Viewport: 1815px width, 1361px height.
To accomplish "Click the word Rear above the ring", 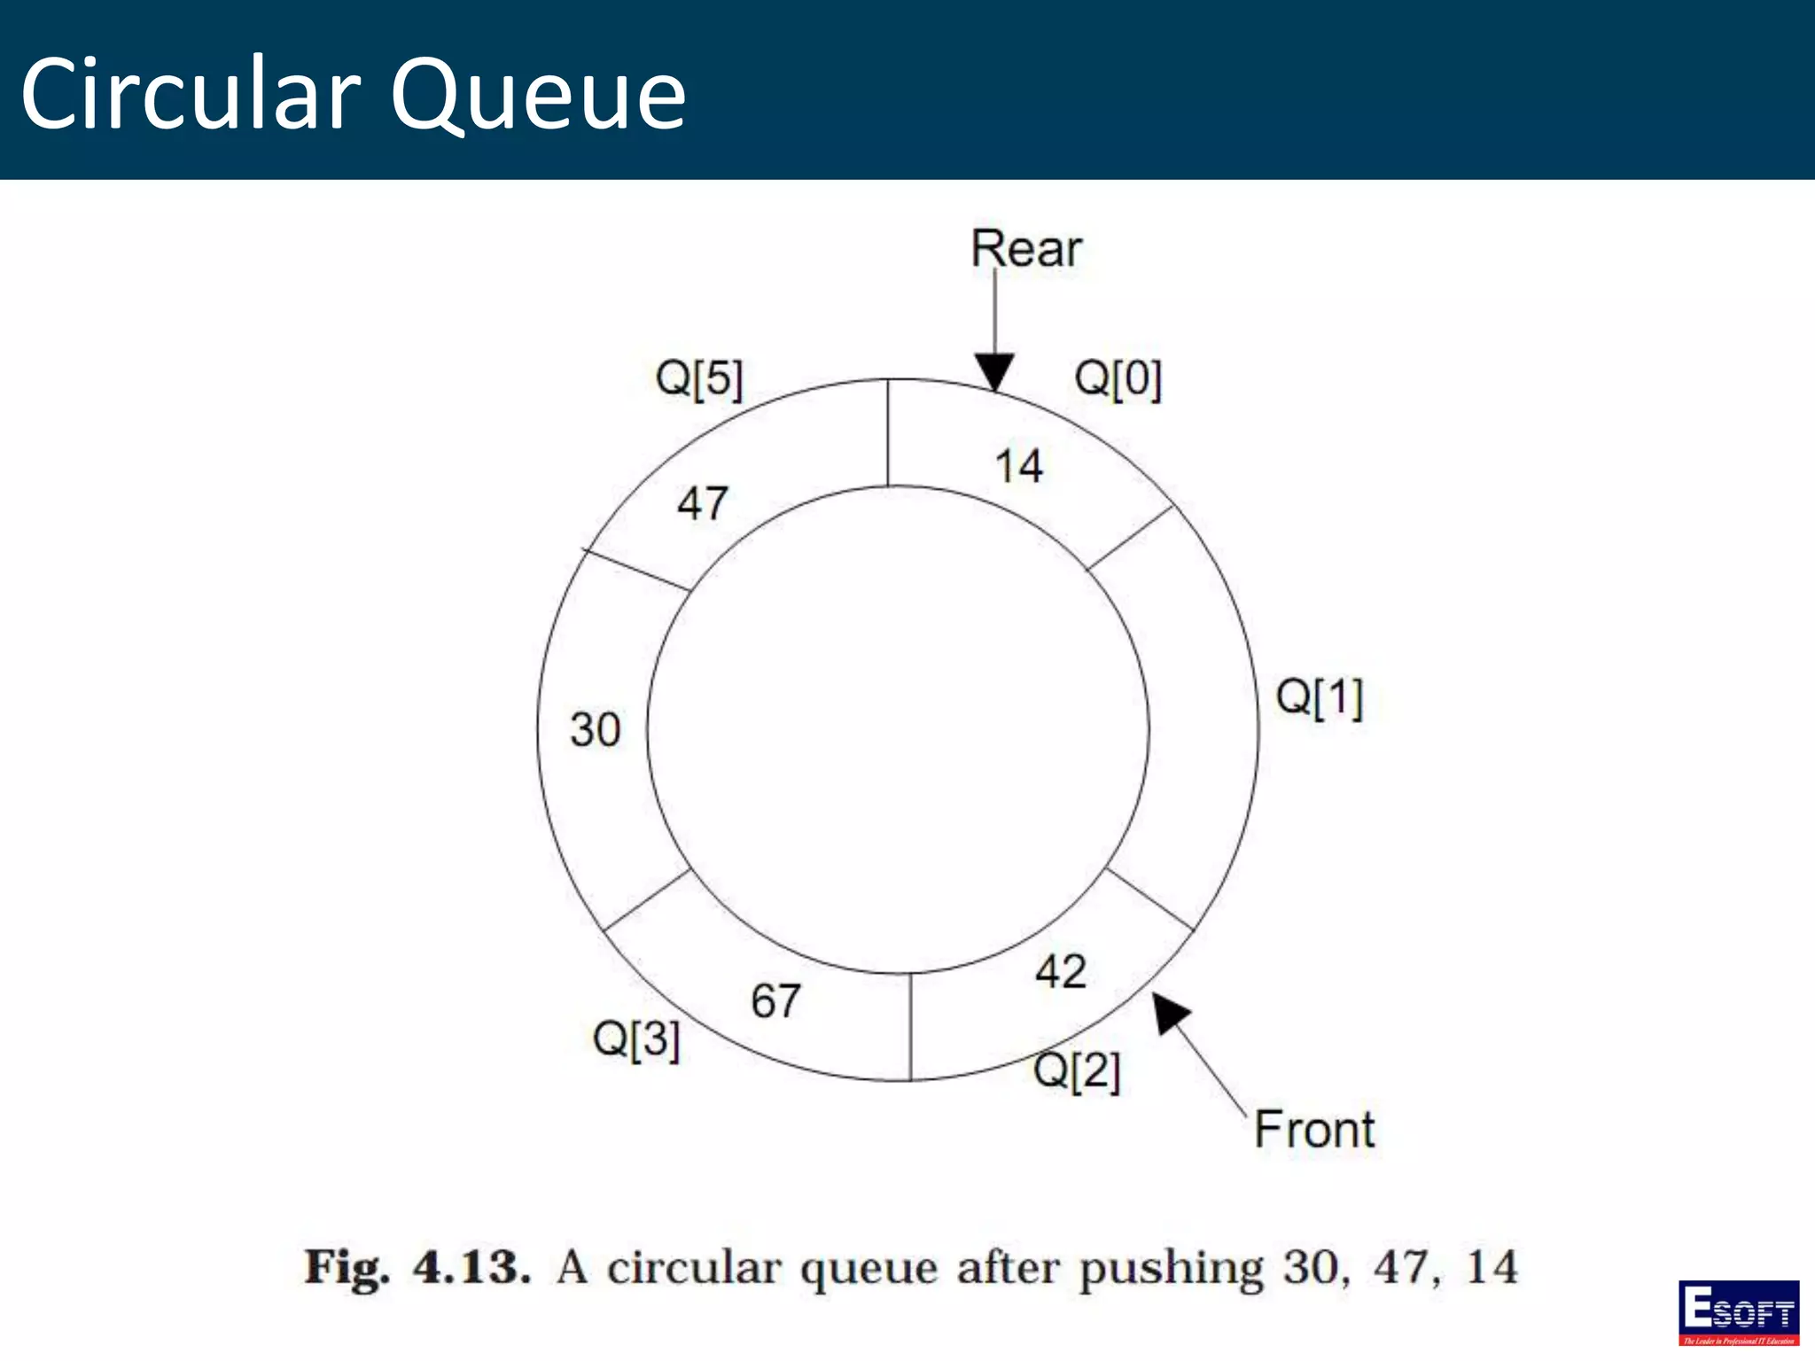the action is pos(1025,249).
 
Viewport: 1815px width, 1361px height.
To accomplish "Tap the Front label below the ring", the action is pos(1314,1130).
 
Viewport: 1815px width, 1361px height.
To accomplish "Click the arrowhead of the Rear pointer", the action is pos(994,372).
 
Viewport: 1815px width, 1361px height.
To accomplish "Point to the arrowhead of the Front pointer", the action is pos(1170,1012).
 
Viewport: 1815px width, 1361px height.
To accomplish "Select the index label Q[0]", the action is pos(1118,379).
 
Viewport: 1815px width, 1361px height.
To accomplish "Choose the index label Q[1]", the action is pos(1319,697).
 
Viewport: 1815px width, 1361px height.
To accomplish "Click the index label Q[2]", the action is pos(1077,1070).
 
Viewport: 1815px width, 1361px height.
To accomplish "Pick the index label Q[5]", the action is pos(698,379).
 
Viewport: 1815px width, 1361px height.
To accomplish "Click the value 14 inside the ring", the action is pos(1018,466).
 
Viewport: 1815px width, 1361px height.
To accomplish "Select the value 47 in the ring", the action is pos(703,503).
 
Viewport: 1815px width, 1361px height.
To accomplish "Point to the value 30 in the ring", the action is pos(595,730).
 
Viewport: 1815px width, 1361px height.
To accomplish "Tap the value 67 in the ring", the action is pos(775,1001).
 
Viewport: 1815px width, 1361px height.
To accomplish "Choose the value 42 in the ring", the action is pos(1060,972).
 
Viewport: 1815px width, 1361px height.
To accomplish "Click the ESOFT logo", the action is pos(1738,1312).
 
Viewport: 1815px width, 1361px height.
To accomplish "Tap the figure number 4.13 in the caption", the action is pos(471,1267).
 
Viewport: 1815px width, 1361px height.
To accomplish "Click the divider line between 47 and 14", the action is pos(888,433).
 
